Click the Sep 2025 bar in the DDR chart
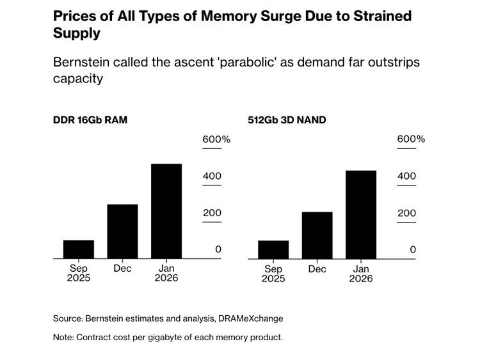(x=79, y=249)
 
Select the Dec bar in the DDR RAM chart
(x=122, y=231)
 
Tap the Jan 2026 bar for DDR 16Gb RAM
(x=166, y=211)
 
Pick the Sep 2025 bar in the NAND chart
(x=273, y=250)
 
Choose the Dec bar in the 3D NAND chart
(x=317, y=235)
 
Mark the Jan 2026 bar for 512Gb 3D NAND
(x=361, y=215)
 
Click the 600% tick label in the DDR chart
(x=216, y=139)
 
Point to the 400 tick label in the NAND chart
(x=406, y=176)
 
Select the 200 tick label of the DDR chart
(x=212, y=214)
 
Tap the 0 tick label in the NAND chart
(x=413, y=250)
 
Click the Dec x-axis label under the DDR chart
(x=122, y=269)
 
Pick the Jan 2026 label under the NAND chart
(x=361, y=274)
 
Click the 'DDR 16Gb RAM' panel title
(x=90, y=120)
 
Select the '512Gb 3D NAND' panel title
(x=287, y=120)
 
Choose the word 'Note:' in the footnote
(x=63, y=337)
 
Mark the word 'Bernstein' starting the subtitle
(x=83, y=62)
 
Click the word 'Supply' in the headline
(x=77, y=33)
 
